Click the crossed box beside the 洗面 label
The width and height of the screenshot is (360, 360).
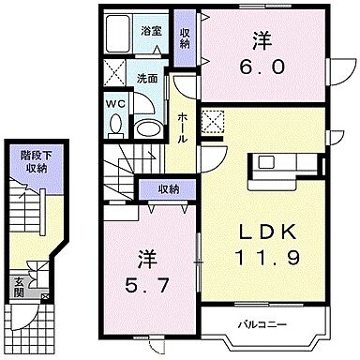point(116,70)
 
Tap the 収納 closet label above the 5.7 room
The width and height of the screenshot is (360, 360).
point(168,189)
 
